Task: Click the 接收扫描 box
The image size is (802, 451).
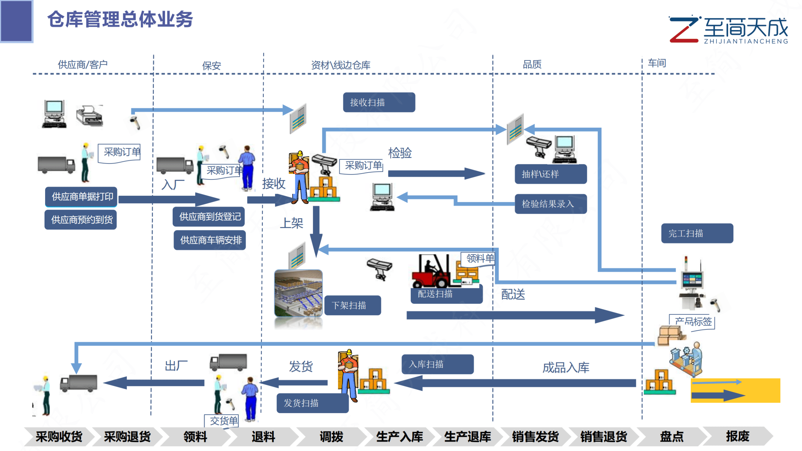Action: [x=379, y=103]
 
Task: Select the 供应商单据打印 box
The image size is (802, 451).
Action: [x=81, y=197]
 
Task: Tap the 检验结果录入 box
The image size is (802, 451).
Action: [x=550, y=204]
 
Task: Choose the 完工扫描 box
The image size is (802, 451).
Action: [x=697, y=233]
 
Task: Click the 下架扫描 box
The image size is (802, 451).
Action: [x=352, y=305]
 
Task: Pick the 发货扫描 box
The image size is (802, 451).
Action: [x=312, y=403]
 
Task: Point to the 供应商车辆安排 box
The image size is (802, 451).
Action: [x=210, y=240]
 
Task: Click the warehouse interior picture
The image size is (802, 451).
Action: [x=298, y=293]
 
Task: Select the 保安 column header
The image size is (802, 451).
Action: [x=211, y=66]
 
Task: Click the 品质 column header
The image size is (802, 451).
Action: [x=532, y=64]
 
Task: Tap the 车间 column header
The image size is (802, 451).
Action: [x=657, y=63]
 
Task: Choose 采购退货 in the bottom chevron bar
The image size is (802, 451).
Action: [x=127, y=436]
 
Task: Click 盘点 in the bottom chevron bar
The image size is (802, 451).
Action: [x=671, y=436]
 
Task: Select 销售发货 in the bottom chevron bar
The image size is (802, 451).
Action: [x=535, y=436]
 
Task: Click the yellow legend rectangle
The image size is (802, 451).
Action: [x=735, y=390]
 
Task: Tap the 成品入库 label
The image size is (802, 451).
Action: [x=565, y=368]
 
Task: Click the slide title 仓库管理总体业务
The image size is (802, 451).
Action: [x=120, y=19]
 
